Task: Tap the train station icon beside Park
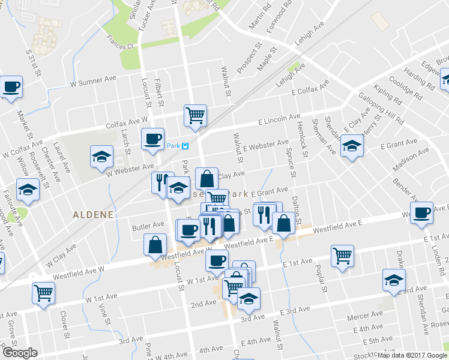[186, 146]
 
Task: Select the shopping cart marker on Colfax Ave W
[196, 114]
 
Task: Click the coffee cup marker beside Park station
[152, 139]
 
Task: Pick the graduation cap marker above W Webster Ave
[101, 157]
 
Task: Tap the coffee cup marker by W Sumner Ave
[11, 87]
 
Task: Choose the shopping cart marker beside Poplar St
[342, 256]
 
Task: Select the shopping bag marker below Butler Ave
[155, 244]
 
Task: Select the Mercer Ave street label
[367, 314]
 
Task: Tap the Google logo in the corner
[19, 353]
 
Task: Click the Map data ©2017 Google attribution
[411, 355]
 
